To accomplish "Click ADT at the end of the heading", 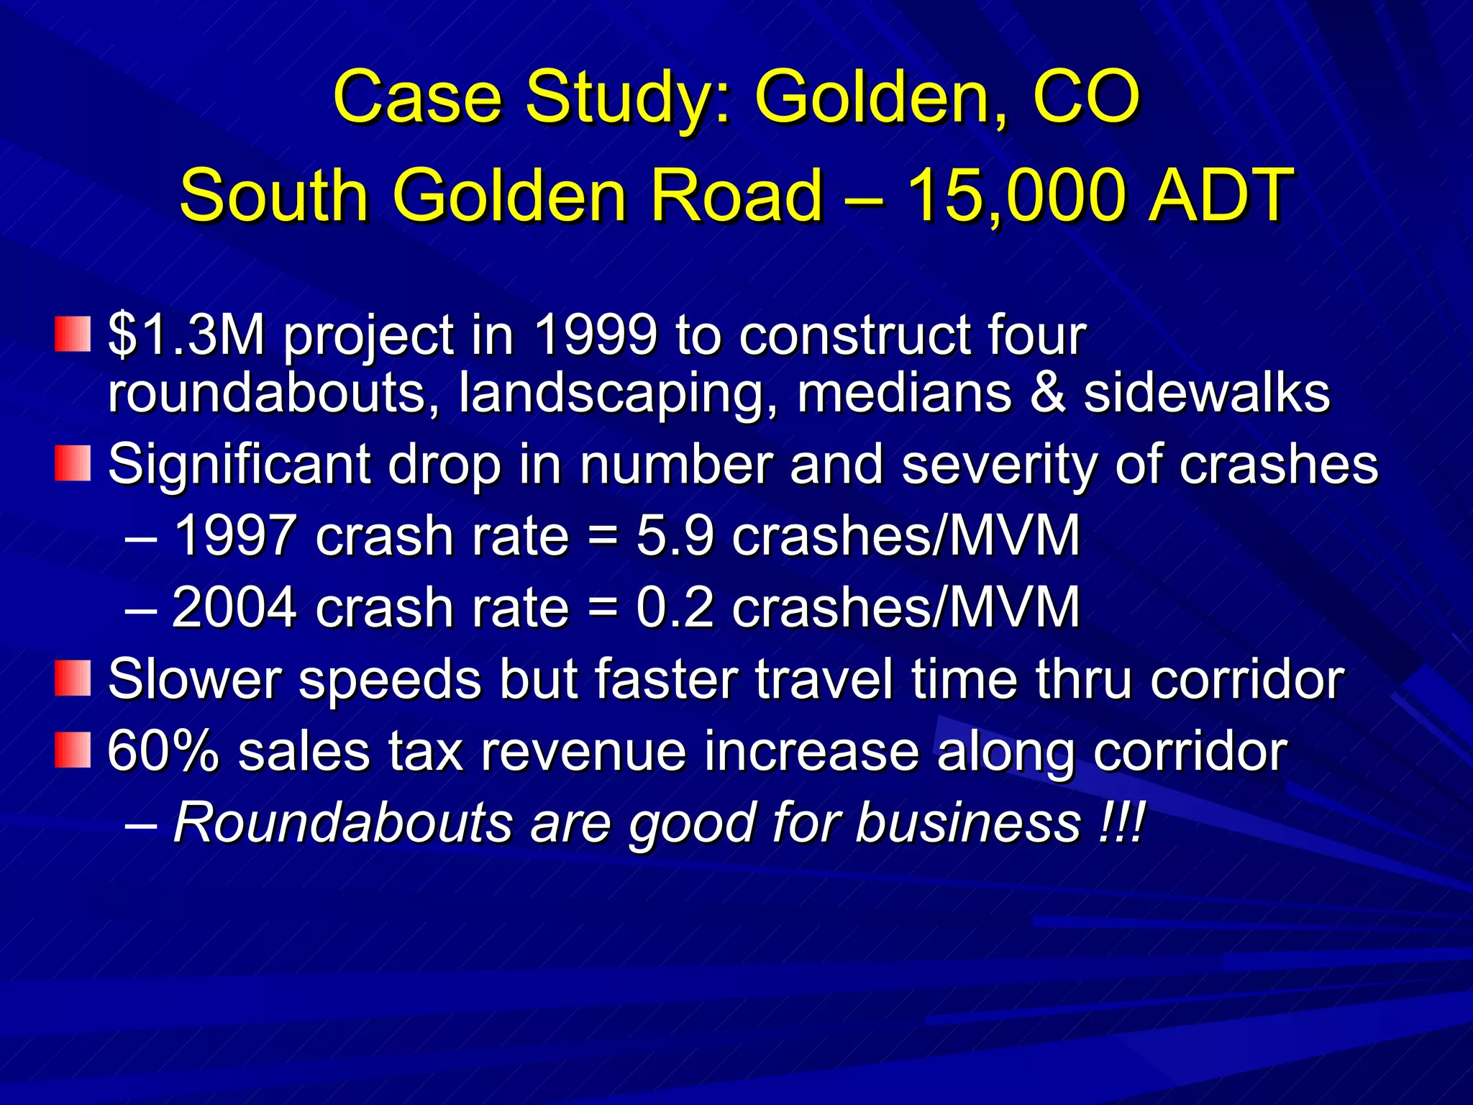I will click(x=1221, y=195).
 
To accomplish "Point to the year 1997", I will click(x=234, y=535).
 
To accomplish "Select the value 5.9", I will click(x=675, y=535).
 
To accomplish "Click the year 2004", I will click(x=234, y=607).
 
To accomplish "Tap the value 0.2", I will click(x=675, y=607).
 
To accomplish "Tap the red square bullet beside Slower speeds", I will click(x=73, y=678).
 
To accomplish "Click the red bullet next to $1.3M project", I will click(x=73, y=335).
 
